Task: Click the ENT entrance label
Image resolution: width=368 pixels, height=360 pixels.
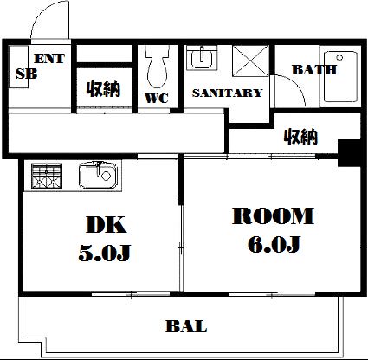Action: click(x=49, y=59)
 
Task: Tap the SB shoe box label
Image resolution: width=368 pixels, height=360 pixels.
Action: click(x=26, y=74)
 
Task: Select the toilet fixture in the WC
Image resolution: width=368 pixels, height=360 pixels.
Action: click(x=157, y=67)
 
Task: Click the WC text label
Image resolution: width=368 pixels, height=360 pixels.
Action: click(x=157, y=98)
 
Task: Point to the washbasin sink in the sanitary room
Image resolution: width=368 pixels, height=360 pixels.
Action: click(x=202, y=57)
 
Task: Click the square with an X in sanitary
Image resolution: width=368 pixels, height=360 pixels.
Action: click(x=250, y=61)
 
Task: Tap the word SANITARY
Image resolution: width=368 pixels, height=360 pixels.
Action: click(x=227, y=93)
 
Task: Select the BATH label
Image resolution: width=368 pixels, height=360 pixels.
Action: click(x=314, y=70)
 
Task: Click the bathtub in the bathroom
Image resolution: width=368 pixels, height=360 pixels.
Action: click(x=340, y=76)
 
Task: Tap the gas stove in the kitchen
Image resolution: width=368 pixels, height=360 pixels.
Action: click(x=47, y=176)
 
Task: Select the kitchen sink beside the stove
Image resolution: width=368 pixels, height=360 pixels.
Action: click(x=98, y=175)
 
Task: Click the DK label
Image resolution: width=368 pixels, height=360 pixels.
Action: click(x=106, y=224)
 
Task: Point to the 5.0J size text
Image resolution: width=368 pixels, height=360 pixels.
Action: click(x=105, y=253)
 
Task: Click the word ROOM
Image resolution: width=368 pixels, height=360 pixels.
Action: click(x=273, y=216)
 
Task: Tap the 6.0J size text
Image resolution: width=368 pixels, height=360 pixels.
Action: click(x=274, y=244)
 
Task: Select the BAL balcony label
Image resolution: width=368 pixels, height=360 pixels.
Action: click(x=186, y=326)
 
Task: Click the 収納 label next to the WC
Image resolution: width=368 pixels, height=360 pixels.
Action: click(x=103, y=89)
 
